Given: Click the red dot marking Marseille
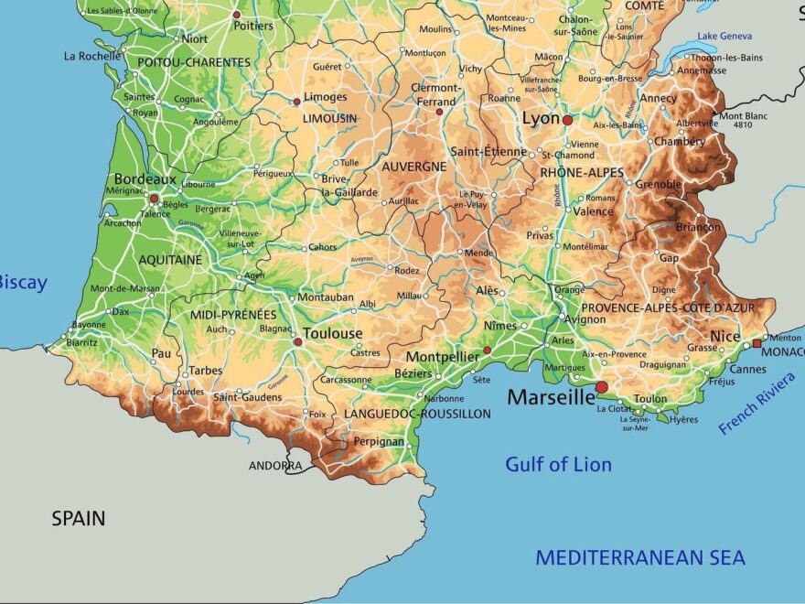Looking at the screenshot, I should pyautogui.click(x=601, y=387).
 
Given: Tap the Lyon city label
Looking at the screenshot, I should pyautogui.click(x=540, y=119).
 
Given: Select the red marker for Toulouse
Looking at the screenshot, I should pyautogui.click(x=297, y=342).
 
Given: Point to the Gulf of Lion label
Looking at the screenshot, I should pyautogui.click(x=558, y=464).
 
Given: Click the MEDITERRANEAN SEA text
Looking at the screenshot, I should pyautogui.click(x=640, y=557).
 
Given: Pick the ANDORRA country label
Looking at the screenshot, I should pyautogui.click(x=275, y=466).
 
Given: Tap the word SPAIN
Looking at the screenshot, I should pyautogui.click(x=78, y=519).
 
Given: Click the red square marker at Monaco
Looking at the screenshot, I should pyautogui.click(x=757, y=344).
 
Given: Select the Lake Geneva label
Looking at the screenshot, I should pyautogui.click(x=724, y=36).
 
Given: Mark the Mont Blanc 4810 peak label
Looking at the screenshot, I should pyautogui.click(x=743, y=120).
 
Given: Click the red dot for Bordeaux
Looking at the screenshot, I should pyautogui.click(x=154, y=198).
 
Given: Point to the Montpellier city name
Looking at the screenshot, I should pyautogui.click(x=442, y=357).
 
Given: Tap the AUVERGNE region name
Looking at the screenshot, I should pyautogui.click(x=413, y=167).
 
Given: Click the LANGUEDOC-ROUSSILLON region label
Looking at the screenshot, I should pyautogui.click(x=417, y=414).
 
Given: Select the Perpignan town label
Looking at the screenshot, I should pyautogui.click(x=378, y=441).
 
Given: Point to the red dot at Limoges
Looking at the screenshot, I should pyautogui.click(x=296, y=102).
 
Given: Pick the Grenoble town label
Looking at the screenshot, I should pyautogui.click(x=659, y=184).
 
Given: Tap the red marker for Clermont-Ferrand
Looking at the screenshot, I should pyautogui.click(x=439, y=113).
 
